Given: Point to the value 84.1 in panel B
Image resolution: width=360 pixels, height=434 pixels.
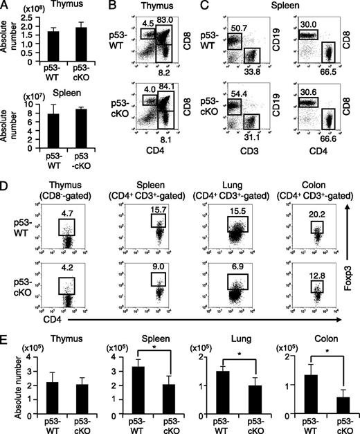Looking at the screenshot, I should [x=165, y=87].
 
